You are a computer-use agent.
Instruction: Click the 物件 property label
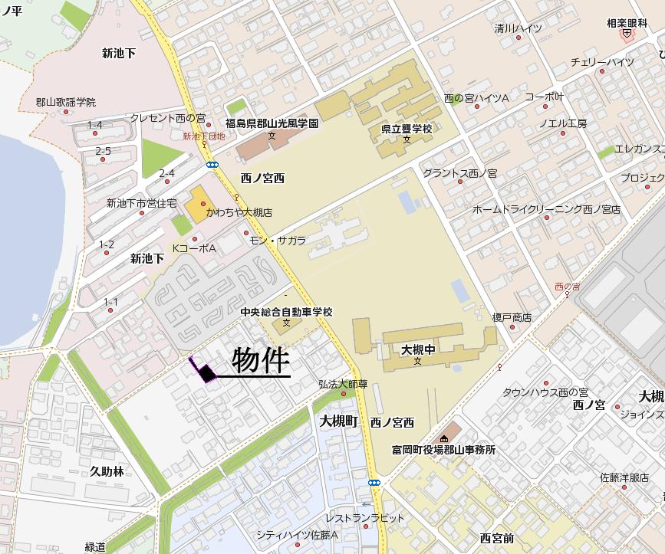click(260, 361)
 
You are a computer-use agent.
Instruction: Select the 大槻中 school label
click(417, 349)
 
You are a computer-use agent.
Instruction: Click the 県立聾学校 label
click(407, 129)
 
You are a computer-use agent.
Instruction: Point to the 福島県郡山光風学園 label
click(272, 123)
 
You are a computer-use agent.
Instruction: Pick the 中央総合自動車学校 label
click(286, 312)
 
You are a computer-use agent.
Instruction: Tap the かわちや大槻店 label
click(239, 211)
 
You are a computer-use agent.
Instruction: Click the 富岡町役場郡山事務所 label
click(443, 450)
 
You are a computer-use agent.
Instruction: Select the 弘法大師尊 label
click(343, 384)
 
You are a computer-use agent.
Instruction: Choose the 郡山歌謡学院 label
click(65, 102)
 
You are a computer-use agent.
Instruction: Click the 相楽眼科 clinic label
click(627, 23)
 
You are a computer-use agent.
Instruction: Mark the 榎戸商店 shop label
click(512, 317)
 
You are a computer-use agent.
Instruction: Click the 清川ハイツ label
click(518, 28)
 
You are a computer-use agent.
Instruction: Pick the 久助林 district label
click(107, 471)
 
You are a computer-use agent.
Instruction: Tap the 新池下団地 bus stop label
click(203, 136)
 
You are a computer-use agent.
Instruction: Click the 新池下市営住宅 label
click(141, 203)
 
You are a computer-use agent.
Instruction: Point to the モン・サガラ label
click(278, 240)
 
